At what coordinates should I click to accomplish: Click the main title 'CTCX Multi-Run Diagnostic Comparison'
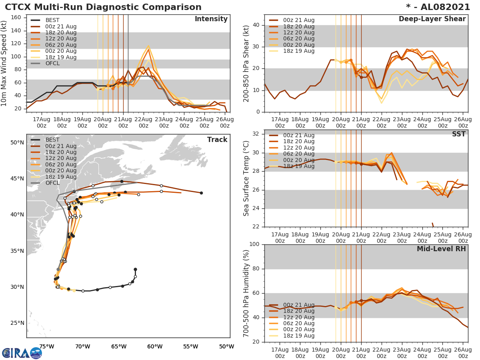(x=103, y=7)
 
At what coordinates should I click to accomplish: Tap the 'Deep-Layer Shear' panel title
(x=432, y=19)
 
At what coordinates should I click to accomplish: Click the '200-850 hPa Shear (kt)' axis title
(x=247, y=64)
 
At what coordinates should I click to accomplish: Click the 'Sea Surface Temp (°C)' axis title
(x=247, y=178)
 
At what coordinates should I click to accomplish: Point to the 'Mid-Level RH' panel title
(x=441, y=249)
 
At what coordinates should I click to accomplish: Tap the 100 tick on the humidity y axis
(x=255, y=244)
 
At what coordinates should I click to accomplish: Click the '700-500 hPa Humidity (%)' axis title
(x=247, y=293)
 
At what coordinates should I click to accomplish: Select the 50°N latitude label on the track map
(x=17, y=142)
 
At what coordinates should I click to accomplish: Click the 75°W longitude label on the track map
(x=47, y=346)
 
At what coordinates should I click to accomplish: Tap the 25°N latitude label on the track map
(x=17, y=323)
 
